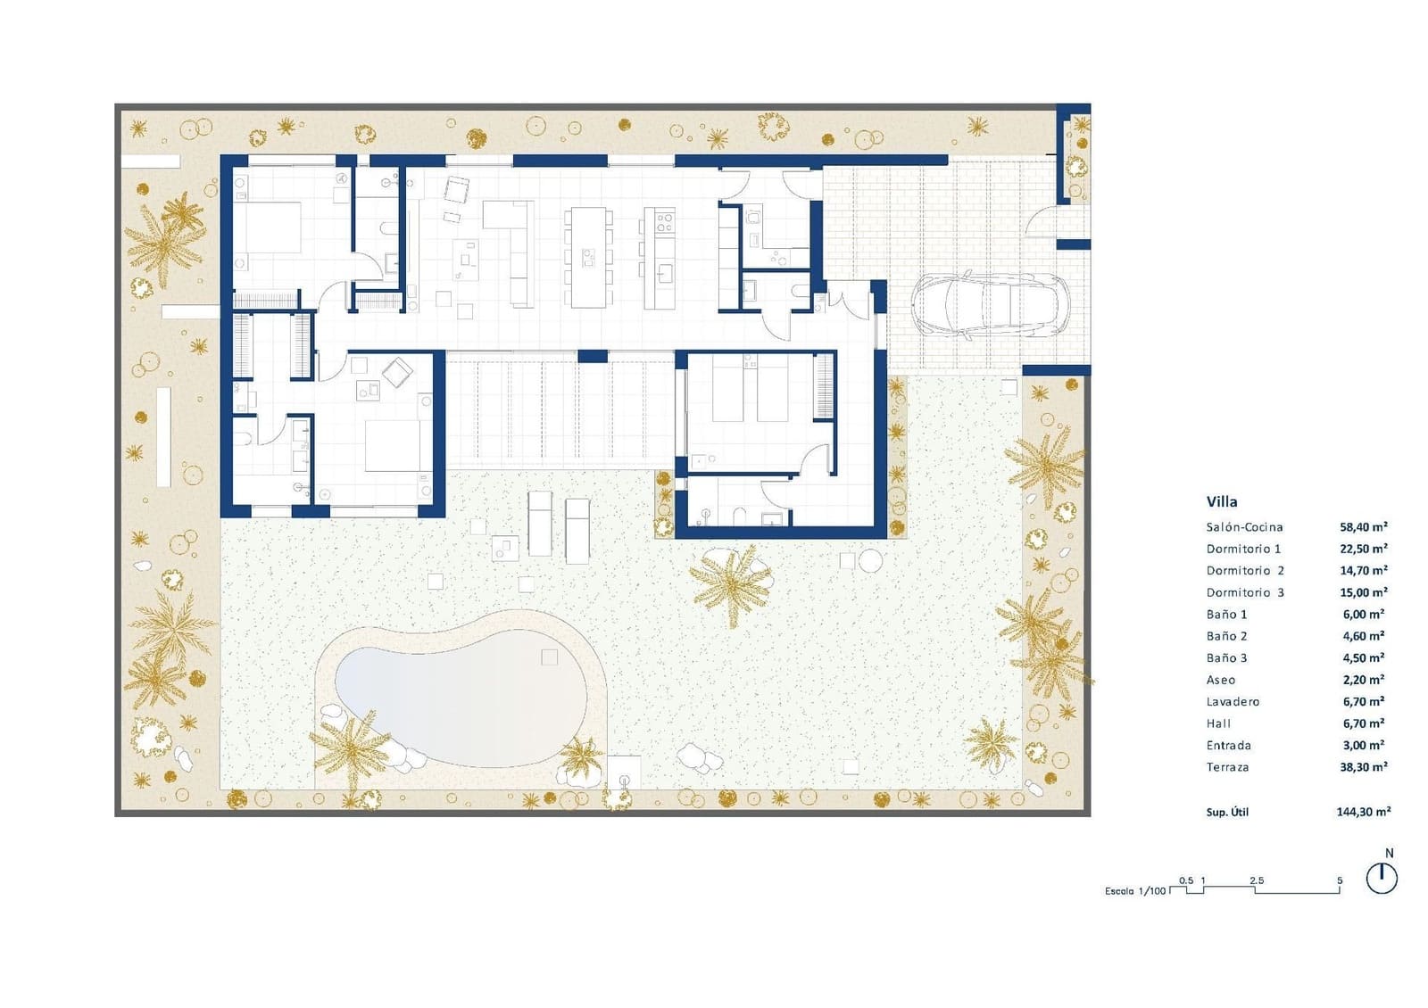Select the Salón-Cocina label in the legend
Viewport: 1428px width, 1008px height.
pyautogui.click(x=1244, y=527)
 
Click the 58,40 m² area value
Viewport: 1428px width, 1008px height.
pyautogui.click(x=1363, y=527)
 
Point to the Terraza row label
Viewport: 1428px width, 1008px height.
pyautogui.click(x=1227, y=767)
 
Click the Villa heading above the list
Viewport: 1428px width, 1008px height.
pyautogui.click(x=1222, y=501)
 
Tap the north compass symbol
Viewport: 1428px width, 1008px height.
pyautogui.click(x=1382, y=878)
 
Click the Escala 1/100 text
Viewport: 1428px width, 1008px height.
pyautogui.click(x=1135, y=891)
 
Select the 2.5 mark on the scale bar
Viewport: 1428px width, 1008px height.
pyautogui.click(x=1256, y=880)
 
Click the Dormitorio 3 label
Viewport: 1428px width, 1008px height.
pyautogui.click(x=1245, y=592)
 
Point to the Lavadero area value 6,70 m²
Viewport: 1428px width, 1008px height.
pyautogui.click(x=1363, y=702)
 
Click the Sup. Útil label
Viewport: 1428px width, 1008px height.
pyautogui.click(x=1227, y=813)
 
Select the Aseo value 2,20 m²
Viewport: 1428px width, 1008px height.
pyautogui.click(x=1363, y=680)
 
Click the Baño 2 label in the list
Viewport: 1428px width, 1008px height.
pyautogui.click(x=1226, y=636)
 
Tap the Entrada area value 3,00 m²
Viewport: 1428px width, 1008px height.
pyautogui.click(x=1363, y=746)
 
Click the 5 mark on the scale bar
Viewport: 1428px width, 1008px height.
pyautogui.click(x=1339, y=880)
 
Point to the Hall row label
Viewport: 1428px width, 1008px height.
pyautogui.click(x=1218, y=723)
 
